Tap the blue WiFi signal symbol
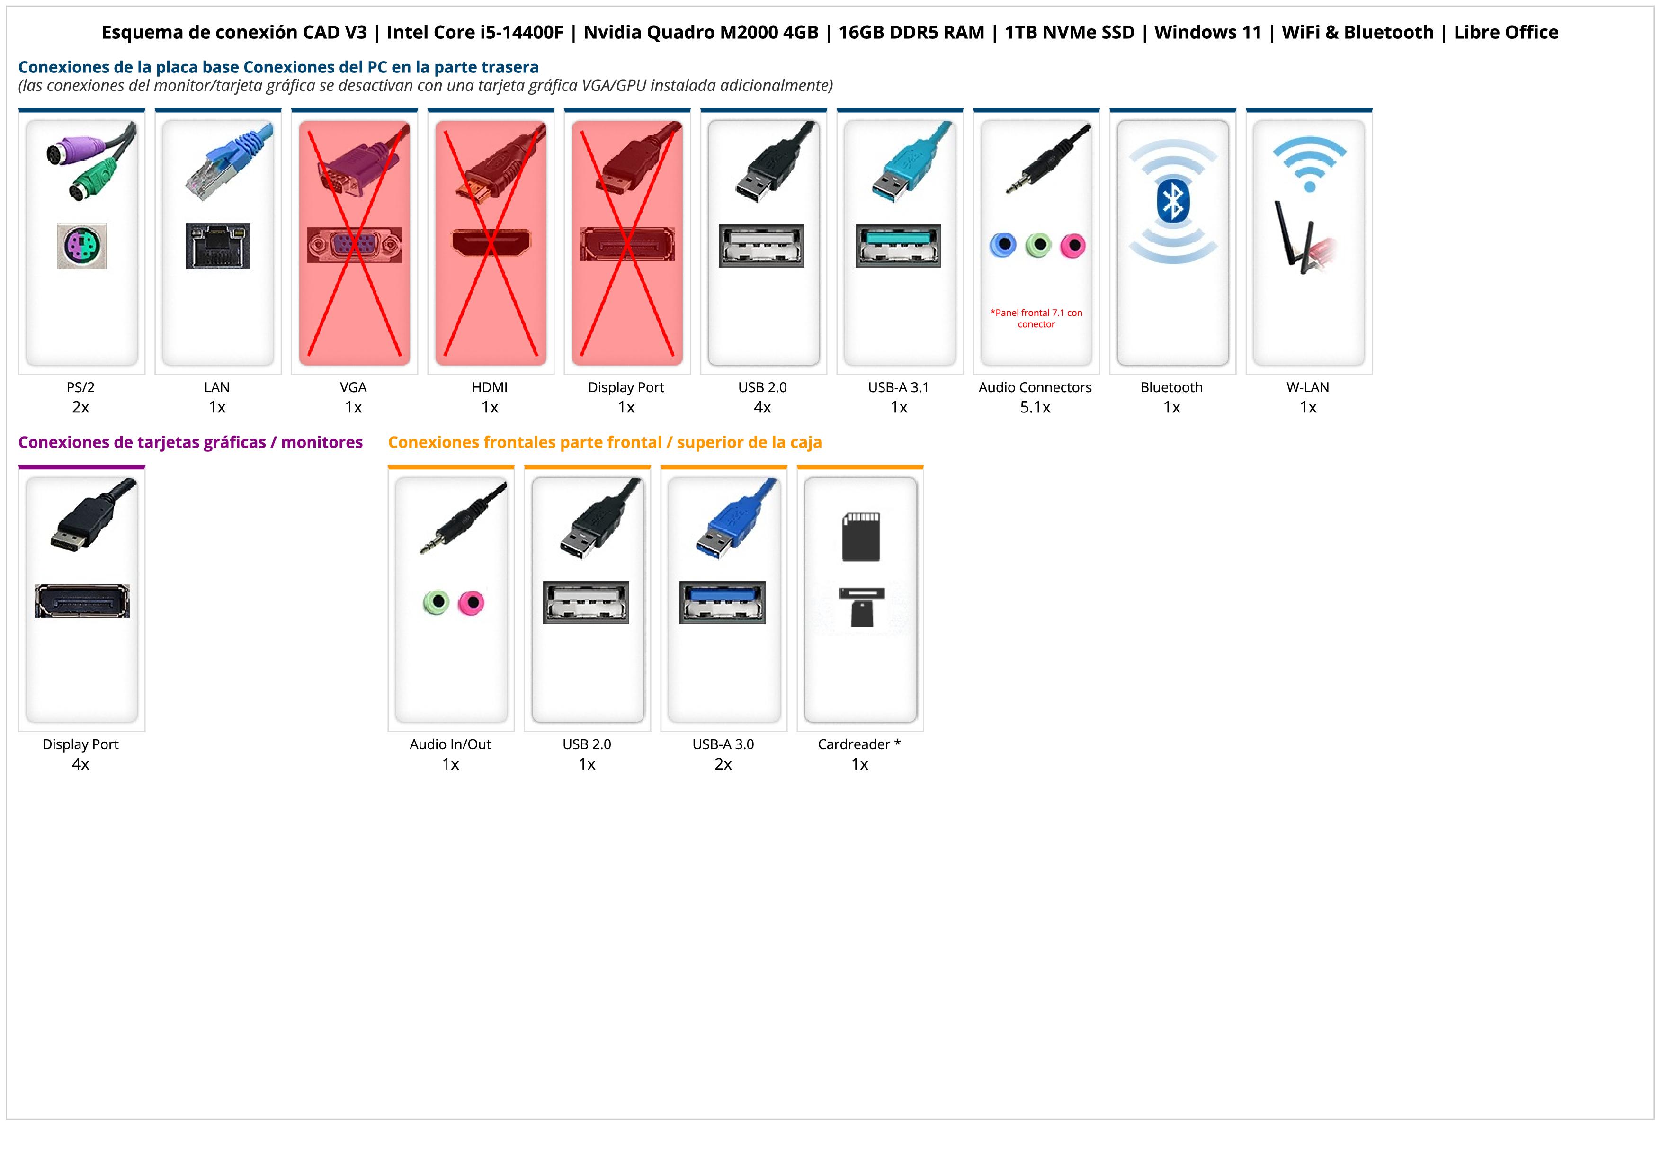1309,163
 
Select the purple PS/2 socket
82,246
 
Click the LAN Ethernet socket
218,246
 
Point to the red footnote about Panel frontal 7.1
1036,318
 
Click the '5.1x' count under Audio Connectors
1035,407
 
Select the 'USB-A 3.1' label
899,387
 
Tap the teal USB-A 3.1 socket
899,245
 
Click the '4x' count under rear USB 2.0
762,407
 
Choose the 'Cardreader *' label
859,744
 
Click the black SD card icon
861,537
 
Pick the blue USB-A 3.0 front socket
723,602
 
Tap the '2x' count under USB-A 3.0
723,764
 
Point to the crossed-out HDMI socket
491,244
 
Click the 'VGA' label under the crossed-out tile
353,387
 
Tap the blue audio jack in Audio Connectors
1003,245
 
